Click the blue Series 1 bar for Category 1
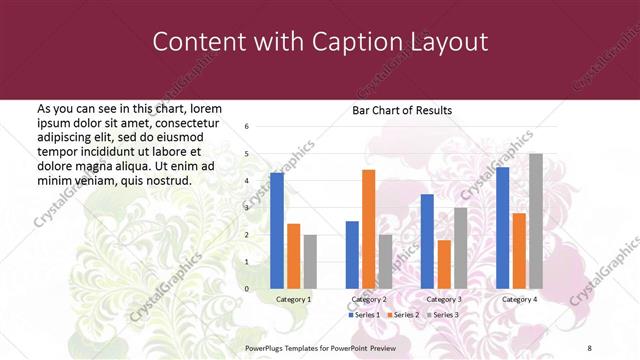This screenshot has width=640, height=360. [276, 231]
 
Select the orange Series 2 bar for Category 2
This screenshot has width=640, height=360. [369, 229]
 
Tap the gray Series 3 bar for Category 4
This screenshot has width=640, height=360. [536, 221]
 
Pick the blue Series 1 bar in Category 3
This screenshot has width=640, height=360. [427, 241]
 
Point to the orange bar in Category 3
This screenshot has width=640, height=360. [444, 264]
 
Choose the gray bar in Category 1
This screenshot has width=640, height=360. [310, 262]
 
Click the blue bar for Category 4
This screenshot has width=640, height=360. [502, 228]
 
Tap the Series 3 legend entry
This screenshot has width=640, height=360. [443, 315]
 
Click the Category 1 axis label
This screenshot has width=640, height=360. [294, 299]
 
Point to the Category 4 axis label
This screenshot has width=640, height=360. [519, 299]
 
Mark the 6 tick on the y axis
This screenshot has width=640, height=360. [247, 127]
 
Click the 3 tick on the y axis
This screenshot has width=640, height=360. [247, 208]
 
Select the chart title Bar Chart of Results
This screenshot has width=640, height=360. [402, 110]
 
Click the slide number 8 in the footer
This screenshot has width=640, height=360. [589, 346]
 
